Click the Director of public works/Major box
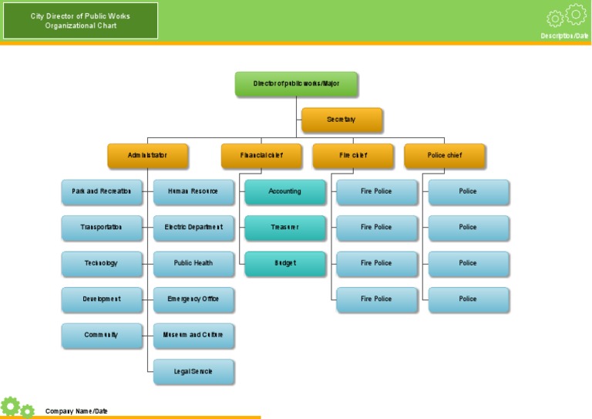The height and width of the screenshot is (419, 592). [x=296, y=83]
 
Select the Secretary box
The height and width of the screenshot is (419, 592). [x=341, y=120]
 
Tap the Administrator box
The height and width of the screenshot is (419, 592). [x=147, y=155]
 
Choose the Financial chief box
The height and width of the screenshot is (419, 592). [x=261, y=155]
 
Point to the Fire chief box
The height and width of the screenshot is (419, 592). [x=353, y=155]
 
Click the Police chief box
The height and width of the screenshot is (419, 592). [x=445, y=155]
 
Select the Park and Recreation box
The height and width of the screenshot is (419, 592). [x=102, y=191]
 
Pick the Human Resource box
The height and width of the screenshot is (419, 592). [x=193, y=191]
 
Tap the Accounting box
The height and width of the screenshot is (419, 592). [x=284, y=191]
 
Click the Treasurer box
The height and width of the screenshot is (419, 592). [x=284, y=228]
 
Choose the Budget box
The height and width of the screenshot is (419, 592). [x=284, y=263]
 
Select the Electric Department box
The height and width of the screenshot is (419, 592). [x=193, y=228]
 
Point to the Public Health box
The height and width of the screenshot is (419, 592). [x=193, y=263]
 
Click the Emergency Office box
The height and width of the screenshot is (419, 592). [x=193, y=299]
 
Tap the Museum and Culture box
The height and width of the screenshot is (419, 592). [x=193, y=336]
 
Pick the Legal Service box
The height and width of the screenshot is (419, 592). [x=193, y=371]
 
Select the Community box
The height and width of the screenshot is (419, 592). [x=102, y=336]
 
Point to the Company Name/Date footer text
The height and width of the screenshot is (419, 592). [x=76, y=411]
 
